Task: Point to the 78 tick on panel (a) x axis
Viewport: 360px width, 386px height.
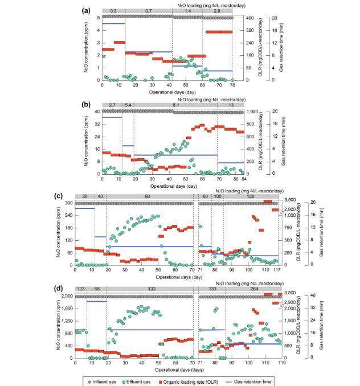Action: pos(232,85)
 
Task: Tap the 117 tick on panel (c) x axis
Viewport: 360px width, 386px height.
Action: pos(277,270)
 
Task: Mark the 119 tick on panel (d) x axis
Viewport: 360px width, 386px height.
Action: pos(279,363)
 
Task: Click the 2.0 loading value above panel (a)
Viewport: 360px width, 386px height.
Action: pos(217,10)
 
